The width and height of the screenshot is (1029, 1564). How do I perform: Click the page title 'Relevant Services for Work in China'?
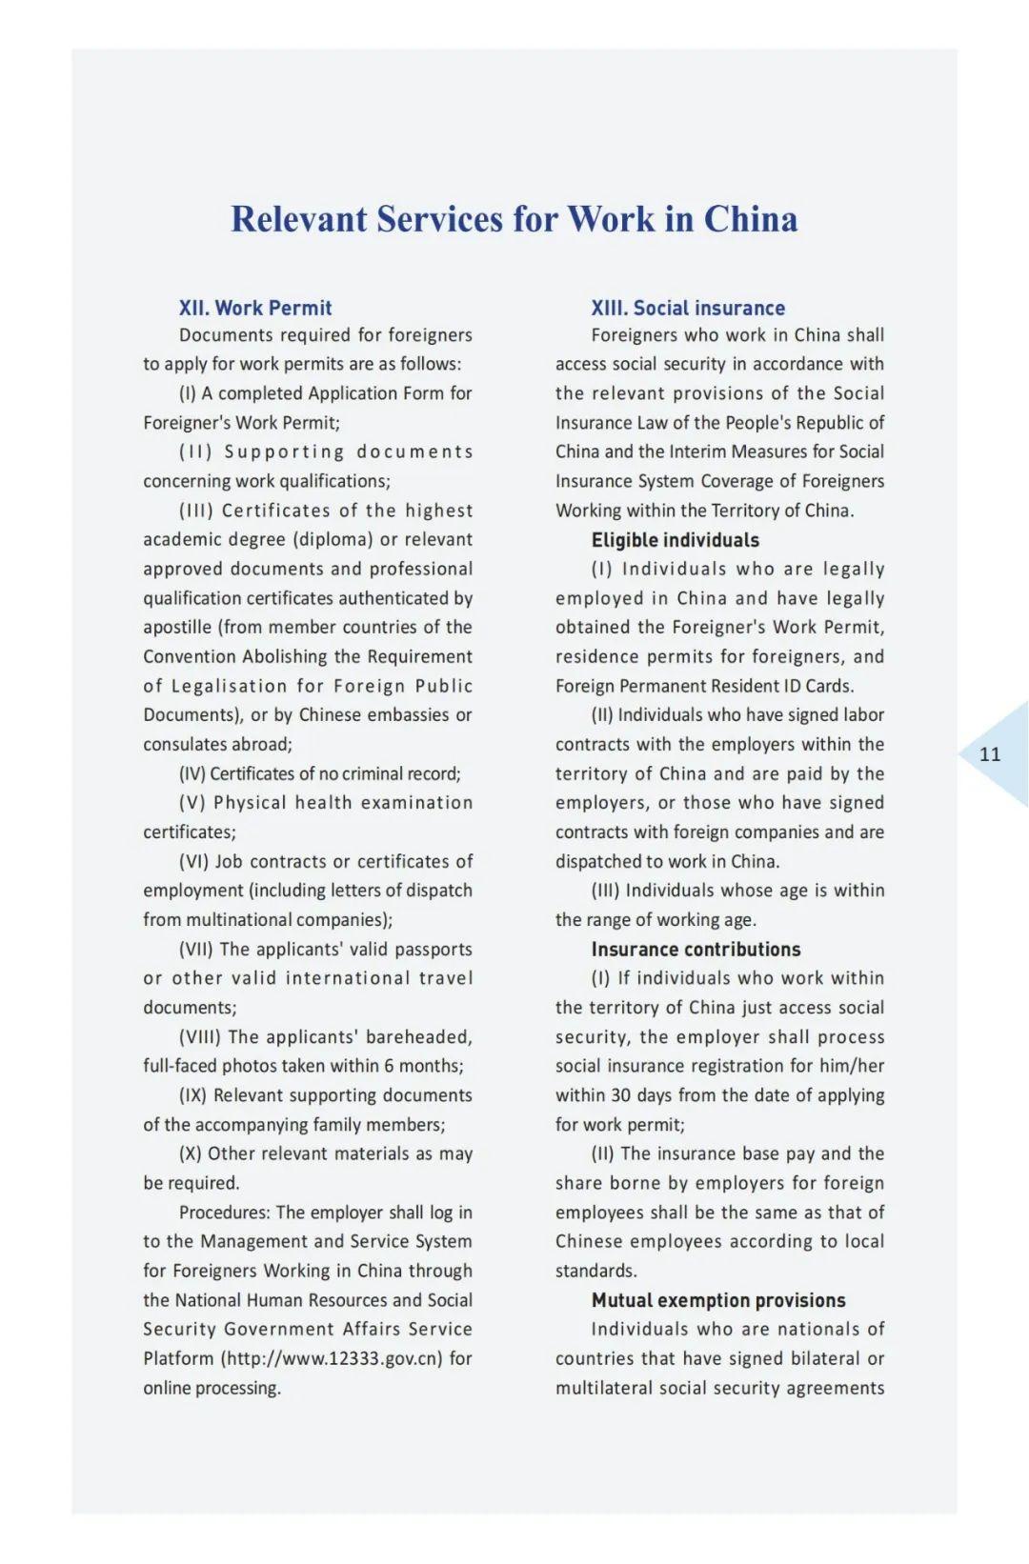pos(514,219)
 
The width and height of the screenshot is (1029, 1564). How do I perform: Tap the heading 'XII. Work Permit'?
pos(255,308)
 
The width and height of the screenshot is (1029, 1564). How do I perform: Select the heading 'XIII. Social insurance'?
pos(688,308)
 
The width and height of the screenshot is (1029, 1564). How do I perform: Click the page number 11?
pos(990,754)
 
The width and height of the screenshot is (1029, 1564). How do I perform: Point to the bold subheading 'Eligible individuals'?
pos(675,540)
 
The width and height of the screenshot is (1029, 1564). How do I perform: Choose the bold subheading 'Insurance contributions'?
pos(696,949)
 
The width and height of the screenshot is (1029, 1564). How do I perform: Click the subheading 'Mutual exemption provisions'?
pos(717,1300)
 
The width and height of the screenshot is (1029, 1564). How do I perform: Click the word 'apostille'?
pos(177,627)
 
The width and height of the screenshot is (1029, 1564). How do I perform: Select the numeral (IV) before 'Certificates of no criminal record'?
pos(192,773)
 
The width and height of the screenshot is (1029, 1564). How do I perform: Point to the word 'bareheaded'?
pos(418,1036)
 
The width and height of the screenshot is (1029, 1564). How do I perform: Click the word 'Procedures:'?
pos(224,1213)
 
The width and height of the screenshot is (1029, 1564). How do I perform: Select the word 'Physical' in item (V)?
pos(250,803)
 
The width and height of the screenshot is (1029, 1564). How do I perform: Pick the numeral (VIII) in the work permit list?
pos(199,1036)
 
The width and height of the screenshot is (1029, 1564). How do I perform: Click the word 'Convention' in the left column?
pos(188,656)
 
